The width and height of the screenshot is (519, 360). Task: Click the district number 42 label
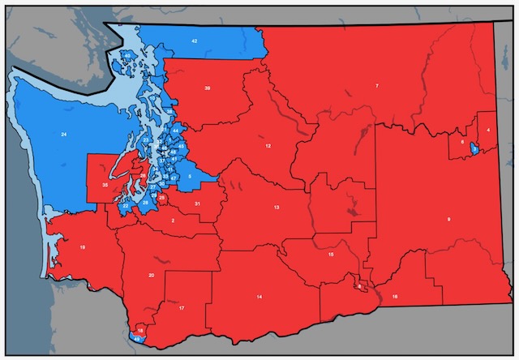point(195,40)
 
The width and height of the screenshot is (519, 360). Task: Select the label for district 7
point(376,85)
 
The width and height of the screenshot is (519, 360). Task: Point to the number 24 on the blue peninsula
point(63,133)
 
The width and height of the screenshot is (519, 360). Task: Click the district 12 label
point(268,146)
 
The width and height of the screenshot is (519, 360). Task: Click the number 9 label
point(448,220)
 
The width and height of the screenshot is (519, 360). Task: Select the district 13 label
point(277,208)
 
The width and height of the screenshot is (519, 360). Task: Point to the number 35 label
point(105,186)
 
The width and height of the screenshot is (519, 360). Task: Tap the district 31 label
point(197,203)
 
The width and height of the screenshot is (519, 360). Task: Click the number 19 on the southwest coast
point(83,246)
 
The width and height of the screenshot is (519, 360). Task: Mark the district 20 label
point(152,276)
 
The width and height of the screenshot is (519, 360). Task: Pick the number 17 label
point(182,308)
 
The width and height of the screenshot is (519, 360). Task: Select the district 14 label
point(259,298)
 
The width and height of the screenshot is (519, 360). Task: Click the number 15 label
point(331,255)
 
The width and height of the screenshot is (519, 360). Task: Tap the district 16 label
point(394,298)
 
